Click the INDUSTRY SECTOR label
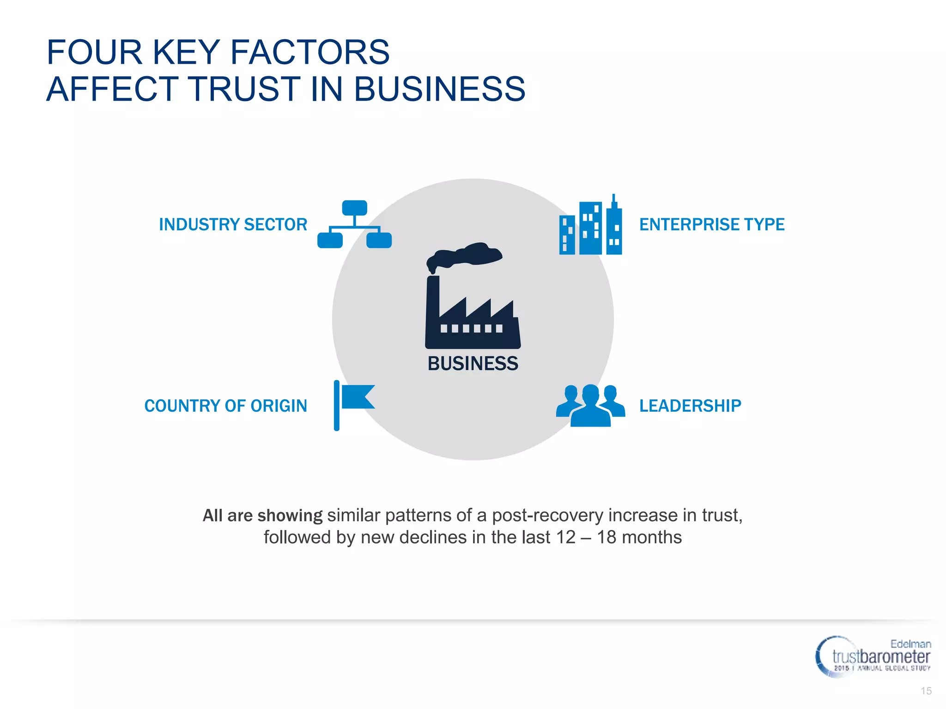tap(233, 225)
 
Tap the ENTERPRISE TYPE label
tap(711, 225)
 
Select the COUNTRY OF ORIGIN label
tap(225, 406)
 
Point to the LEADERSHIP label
tap(690, 406)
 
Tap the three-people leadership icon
tap(590, 405)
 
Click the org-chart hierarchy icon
tap(354, 225)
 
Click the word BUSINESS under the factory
tap(473, 364)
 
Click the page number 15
tap(926, 691)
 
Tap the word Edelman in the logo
tap(910, 644)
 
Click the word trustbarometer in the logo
tap(881, 657)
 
